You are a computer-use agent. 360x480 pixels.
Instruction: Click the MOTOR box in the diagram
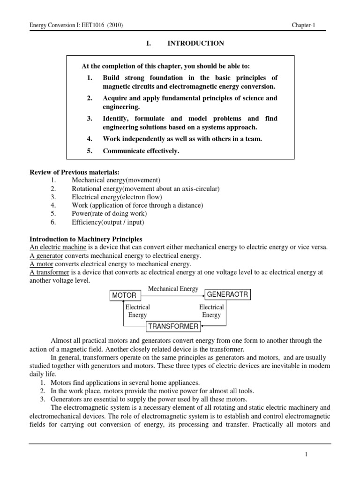point(124,295)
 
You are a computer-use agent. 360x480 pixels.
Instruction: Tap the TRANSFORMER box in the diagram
point(173,326)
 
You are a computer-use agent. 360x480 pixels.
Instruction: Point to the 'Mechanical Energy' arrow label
point(173,289)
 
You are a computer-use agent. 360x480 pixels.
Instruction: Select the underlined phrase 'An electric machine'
point(56,247)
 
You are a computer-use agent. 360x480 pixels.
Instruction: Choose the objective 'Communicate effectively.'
point(141,150)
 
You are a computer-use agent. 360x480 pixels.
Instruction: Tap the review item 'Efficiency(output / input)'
point(108,222)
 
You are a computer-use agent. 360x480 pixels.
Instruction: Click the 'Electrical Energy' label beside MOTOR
point(137,311)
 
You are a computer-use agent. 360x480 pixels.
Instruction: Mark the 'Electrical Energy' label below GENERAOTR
point(211,311)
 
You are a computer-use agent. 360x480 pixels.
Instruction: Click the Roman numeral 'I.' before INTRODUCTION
point(149,44)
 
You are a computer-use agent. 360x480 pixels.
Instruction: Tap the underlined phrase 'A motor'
point(40,264)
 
